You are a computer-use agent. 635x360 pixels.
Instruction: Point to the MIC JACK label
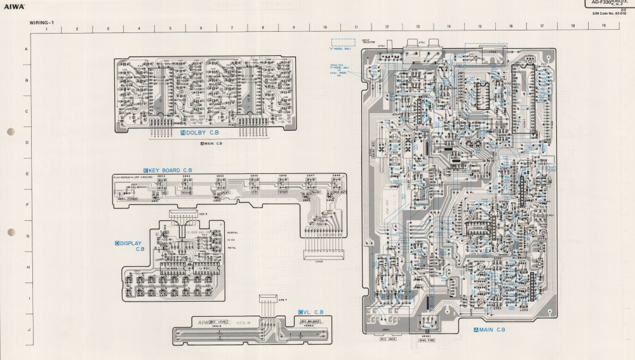(x=387, y=340)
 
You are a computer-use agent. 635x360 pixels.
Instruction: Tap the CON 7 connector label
(x=282, y=300)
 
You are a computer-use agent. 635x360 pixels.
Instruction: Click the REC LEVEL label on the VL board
(x=220, y=321)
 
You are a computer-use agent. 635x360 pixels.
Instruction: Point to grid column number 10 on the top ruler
(x=324, y=28)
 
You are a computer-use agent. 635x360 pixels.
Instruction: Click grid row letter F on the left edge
(x=26, y=204)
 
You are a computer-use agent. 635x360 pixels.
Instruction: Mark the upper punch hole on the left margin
(x=10, y=132)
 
